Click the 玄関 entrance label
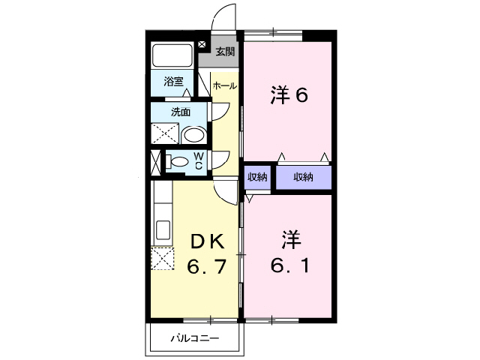pos(225,52)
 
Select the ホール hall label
pos(225,86)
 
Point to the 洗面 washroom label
pos(180,112)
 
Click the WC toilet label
pos(199,160)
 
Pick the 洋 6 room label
pos(289,96)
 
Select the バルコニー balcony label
pos(193,338)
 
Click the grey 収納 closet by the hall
pos(258,177)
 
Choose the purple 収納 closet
pos(303,177)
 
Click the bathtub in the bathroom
pos(174,55)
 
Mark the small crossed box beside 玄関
pos(202,44)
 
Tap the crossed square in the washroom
pos(166,135)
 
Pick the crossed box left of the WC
pos(155,161)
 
